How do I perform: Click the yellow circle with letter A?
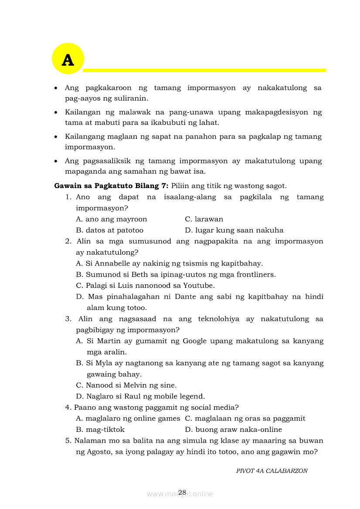pyautogui.click(x=68, y=59)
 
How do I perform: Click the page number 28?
pyautogui.click(x=182, y=492)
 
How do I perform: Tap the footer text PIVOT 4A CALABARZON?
pyautogui.click(x=272, y=471)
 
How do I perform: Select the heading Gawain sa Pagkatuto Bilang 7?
pyautogui.click(x=111, y=186)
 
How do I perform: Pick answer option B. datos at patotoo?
pyautogui.click(x=109, y=230)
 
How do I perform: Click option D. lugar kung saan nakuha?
pyautogui.click(x=234, y=230)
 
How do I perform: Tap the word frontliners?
pyautogui.click(x=256, y=275)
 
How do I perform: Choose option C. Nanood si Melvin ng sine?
pyautogui.click(x=126, y=385)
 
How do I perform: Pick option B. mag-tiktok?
pyautogui.click(x=100, y=430)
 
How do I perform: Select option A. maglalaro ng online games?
pyautogui.click(x=128, y=418)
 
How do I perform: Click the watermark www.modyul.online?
pyautogui.click(x=180, y=494)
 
